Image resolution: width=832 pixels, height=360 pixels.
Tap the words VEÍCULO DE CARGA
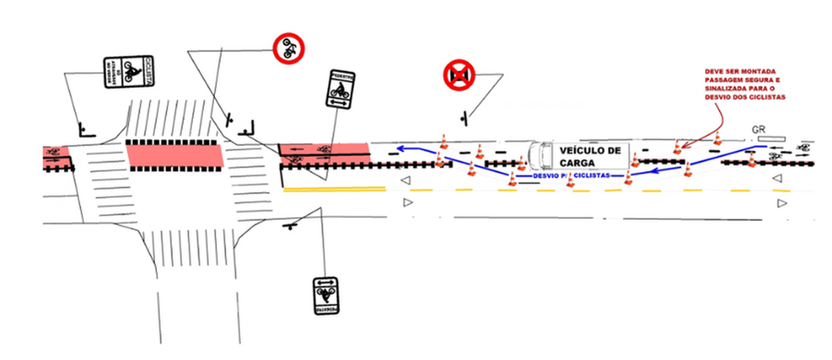[590, 156]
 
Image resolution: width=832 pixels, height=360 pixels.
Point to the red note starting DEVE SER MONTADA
[745, 84]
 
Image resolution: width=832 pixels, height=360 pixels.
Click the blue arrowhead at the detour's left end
[401, 149]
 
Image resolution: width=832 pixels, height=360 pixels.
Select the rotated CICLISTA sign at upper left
[128, 73]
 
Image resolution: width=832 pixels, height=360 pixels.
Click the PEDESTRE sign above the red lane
[341, 89]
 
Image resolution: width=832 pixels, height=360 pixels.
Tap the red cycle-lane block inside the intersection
[174, 155]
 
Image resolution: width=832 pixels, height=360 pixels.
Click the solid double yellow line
[334, 189]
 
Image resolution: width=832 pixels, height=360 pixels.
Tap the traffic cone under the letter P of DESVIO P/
[570, 180]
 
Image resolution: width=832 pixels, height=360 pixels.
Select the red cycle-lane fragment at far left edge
[51, 151]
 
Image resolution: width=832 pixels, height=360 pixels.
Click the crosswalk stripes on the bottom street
[195, 247]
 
